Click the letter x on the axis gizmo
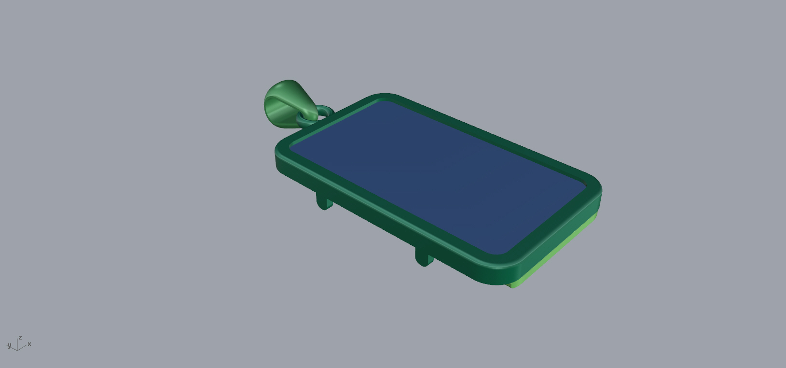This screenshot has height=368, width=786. tap(29, 344)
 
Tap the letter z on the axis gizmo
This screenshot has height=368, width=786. tap(20, 338)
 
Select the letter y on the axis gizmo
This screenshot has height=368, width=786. tap(9, 345)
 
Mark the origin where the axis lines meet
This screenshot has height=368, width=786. tap(17, 350)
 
